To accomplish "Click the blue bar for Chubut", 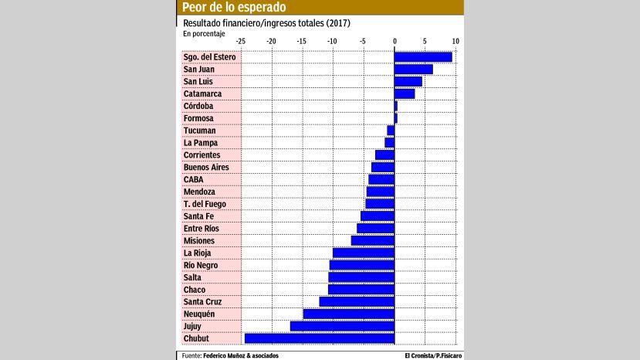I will tap(319, 338).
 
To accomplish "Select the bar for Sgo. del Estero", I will tap(423, 56).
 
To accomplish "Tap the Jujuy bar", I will tap(342, 326).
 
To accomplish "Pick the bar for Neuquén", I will tap(348, 314).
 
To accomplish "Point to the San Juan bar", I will tap(413, 69).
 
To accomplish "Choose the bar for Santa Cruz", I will tap(357, 301).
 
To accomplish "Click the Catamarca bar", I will tap(405, 93).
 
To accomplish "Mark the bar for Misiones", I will tap(373, 240).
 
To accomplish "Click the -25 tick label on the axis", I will tap(241, 42).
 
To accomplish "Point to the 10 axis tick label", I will tap(455, 42).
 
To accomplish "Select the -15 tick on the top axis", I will tap(302, 42).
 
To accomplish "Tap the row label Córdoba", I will tap(198, 106).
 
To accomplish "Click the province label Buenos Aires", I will tap(206, 167).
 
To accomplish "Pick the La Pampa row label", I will tap(201, 142).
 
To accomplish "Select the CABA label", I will tap(194, 179).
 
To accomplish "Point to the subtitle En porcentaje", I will tap(205, 33).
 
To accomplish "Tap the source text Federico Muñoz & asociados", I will tap(240, 355).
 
